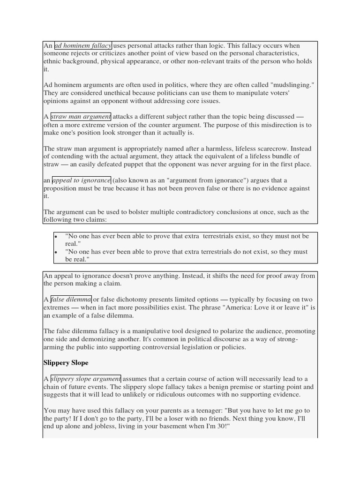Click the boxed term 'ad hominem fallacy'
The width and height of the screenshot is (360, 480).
coord(83,45)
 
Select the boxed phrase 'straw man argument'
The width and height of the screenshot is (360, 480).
coord(81,116)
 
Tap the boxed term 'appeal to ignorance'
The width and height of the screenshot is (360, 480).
coord(81,180)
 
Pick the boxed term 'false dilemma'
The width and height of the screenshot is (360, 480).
coord(71,300)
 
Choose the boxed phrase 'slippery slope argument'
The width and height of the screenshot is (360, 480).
coord(85,379)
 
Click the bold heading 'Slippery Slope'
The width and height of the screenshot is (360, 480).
coord(66,363)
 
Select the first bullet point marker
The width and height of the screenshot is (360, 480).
coord(56,237)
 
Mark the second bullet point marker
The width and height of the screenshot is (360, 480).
coord(56,252)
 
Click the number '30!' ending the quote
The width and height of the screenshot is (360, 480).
coord(220,427)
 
